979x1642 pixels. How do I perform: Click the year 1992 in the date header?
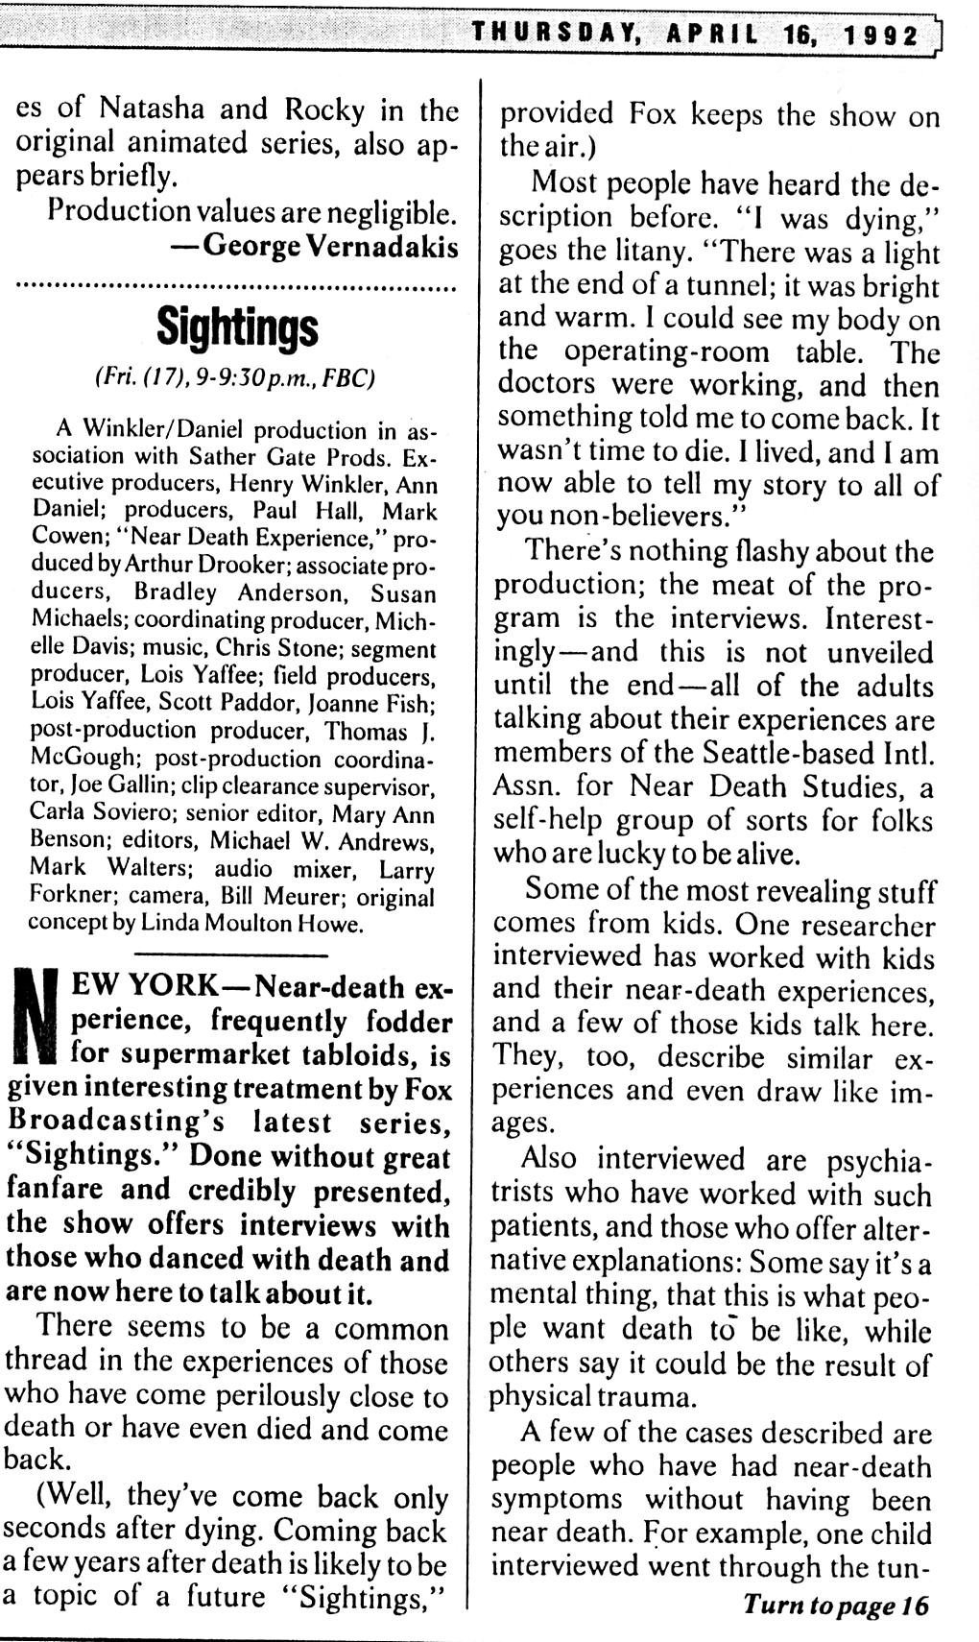click(881, 36)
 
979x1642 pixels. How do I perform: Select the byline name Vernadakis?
click(381, 246)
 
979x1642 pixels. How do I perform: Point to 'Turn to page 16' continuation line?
click(835, 1605)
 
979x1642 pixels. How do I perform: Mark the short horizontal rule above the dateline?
click(231, 954)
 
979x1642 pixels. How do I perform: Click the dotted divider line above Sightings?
click(236, 286)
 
